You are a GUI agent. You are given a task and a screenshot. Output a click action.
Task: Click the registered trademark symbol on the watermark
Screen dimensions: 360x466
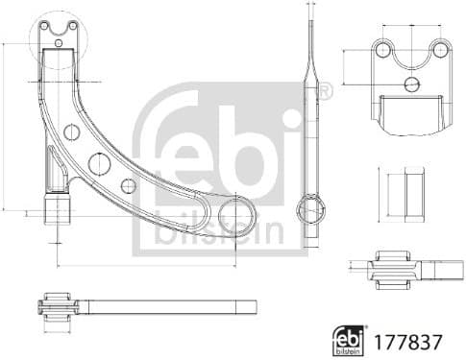[324, 93]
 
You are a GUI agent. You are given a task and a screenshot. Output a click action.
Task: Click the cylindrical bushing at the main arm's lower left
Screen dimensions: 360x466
[58, 206]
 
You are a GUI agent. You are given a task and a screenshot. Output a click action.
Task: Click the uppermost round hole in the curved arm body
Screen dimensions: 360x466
[70, 132]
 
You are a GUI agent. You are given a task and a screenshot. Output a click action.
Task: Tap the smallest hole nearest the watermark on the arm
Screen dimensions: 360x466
[128, 184]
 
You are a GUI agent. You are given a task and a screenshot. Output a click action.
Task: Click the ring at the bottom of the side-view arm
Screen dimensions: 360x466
[312, 207]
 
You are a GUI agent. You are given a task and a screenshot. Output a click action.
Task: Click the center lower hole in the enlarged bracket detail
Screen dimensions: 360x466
[411, 84]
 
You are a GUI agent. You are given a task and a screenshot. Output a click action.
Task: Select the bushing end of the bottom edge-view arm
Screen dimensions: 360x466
[59, 307]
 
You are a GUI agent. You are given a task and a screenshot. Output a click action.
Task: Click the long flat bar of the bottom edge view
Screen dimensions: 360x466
[173, 307]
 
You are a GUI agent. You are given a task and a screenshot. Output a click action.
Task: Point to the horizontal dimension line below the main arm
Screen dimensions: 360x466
[144, 266]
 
